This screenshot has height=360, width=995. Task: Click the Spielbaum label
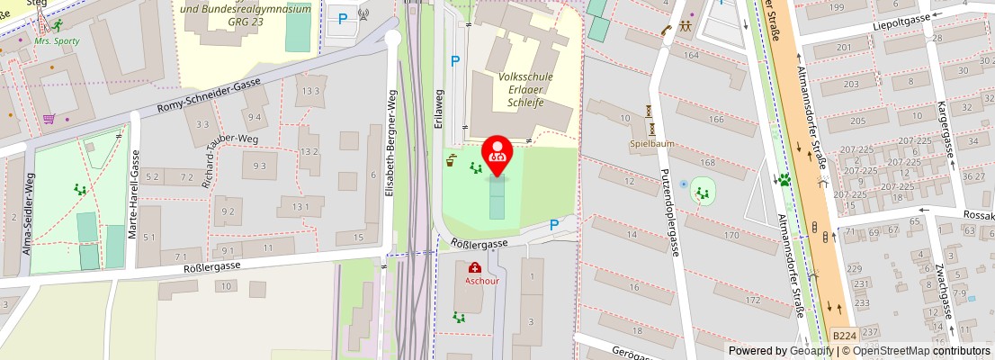(651, 143)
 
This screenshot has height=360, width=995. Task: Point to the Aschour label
(481, 280)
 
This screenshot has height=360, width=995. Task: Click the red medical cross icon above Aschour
(475, 267)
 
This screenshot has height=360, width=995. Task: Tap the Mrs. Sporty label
(57, 40)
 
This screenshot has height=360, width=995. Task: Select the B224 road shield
(844, 336)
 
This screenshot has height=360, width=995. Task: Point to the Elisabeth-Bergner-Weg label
(390, 144)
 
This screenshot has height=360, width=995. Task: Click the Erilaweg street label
(439, 109)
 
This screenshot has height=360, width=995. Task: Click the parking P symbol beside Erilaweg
(455, 61)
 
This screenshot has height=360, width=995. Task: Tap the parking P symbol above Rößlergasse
(554, 225)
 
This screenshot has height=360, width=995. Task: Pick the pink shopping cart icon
(49, 118)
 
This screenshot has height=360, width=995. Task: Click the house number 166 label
(716, 119)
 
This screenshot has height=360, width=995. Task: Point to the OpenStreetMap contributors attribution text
(921, 351)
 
